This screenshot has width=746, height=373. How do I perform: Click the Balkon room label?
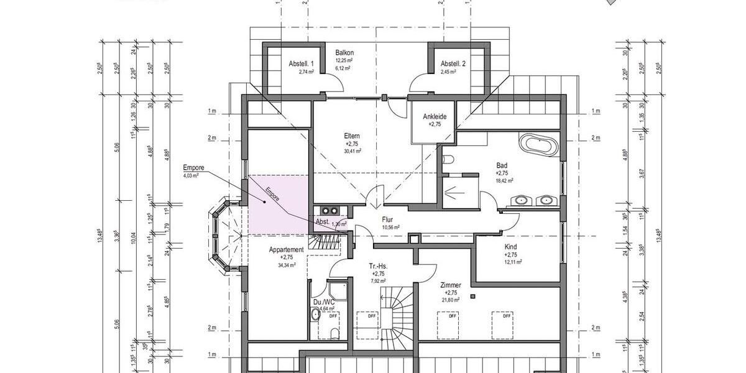[344, 53]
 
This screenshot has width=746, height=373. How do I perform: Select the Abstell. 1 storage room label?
[302, 64]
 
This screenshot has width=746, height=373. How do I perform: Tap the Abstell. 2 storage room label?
[453, 64]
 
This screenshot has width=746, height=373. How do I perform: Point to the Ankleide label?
[435, 116]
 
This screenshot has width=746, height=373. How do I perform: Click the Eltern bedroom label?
[352, 136]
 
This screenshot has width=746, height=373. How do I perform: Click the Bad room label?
[502, 165]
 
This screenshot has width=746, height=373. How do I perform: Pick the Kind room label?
[510, 247]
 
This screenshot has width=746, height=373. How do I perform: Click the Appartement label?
[286, 249]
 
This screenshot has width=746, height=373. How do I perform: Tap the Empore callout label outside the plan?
[194, 168]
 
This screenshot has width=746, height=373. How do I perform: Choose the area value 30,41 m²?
[352, 150]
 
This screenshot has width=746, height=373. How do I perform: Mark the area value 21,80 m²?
[451, 300]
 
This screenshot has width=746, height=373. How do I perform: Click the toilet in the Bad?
[447, 160]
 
